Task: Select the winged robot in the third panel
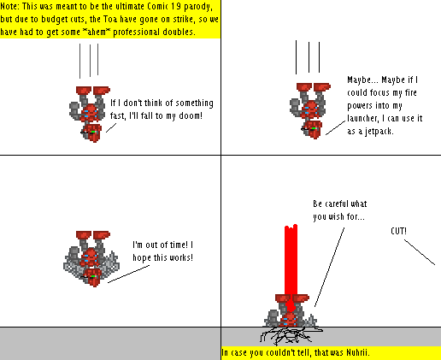(91, 257)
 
